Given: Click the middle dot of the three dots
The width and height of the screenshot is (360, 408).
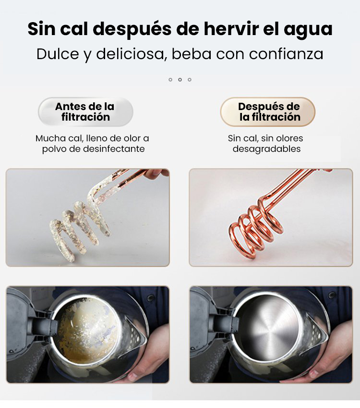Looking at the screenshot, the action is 180,80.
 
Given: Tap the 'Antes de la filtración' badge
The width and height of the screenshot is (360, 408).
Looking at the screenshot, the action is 85,112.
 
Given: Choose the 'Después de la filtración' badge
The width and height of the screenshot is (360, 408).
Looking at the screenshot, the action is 268,112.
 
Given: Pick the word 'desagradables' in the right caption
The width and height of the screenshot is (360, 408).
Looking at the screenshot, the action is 267,149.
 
